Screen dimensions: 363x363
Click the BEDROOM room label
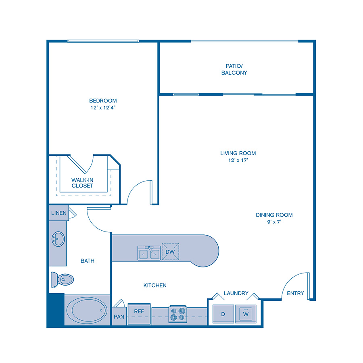[103, 100]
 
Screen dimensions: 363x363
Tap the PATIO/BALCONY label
[234, 69]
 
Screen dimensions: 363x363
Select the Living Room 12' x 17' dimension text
[238, 160]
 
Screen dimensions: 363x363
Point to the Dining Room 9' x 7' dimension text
[274, 222]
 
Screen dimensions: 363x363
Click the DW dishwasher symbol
[170, 252]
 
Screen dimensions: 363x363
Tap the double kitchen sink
[148, 253]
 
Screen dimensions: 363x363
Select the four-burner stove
[178, 314]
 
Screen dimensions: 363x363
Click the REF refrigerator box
[139, 312]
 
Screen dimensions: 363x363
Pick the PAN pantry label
[119, 317]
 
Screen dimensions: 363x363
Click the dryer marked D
[223, 313]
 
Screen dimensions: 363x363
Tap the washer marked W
[246, 313]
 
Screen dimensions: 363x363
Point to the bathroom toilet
[62, 279]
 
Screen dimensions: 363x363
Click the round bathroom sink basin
[58, 239]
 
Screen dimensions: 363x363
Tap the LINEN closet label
[58, 213]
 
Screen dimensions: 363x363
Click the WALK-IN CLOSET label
[82, 183]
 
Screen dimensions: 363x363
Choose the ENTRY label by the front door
[295, 293]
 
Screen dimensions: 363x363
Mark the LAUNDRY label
[236, 293]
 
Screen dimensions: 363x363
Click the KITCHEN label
[155, 285]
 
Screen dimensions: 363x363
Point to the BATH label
[88, 261]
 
